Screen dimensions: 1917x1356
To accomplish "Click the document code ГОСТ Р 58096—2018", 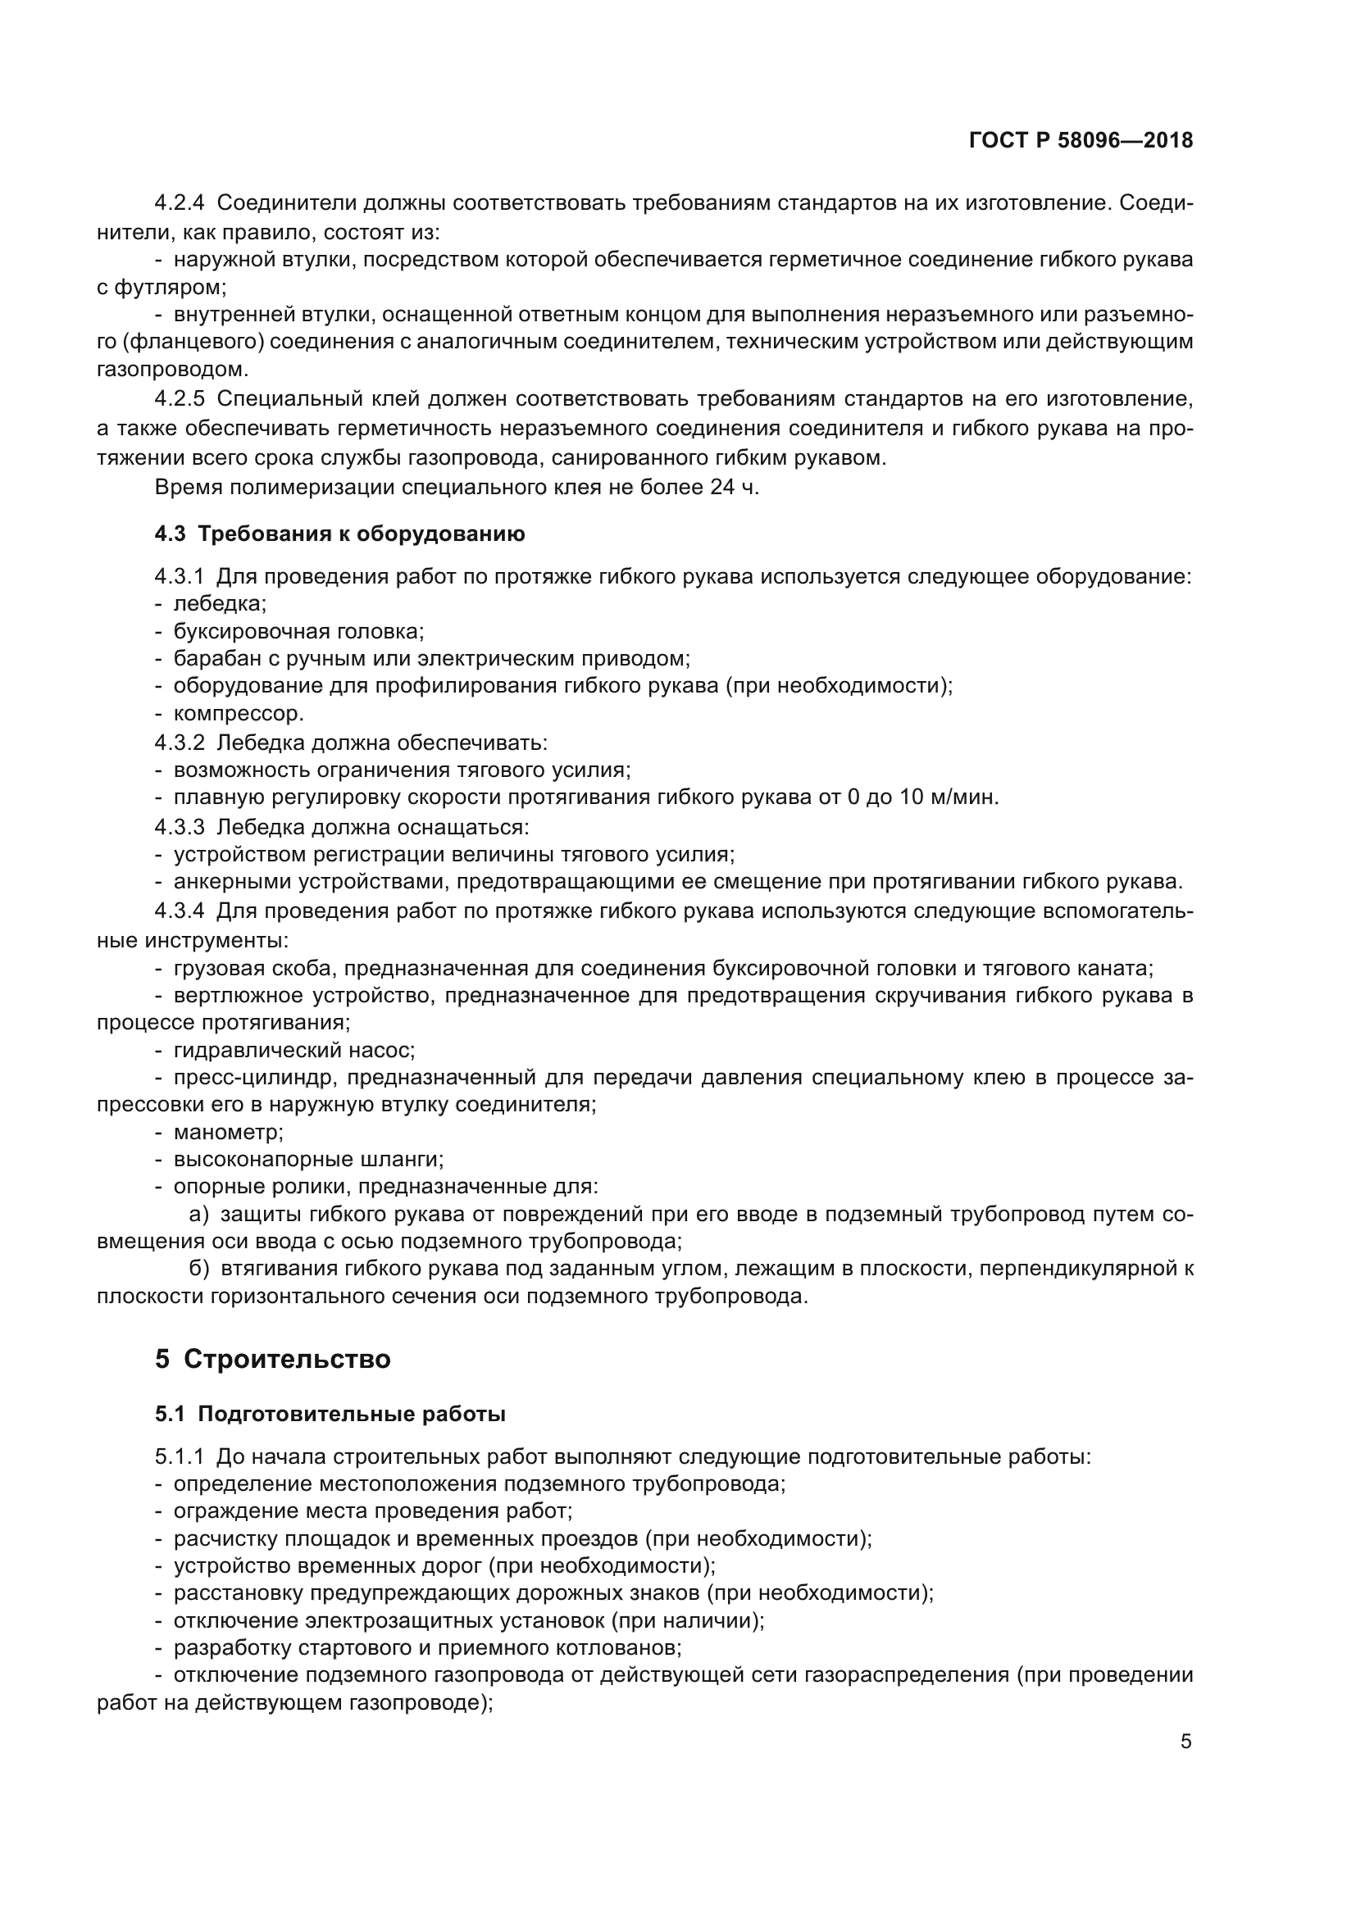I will [x=1081, y=140].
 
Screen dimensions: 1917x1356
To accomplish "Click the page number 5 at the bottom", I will [x=1185, y=1742].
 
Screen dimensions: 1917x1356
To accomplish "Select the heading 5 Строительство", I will [x=273, y=1358].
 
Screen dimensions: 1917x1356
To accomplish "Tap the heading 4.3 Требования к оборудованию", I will [x=340, y=534].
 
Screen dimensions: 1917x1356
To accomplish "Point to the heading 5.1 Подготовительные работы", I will [x=330, y=1414].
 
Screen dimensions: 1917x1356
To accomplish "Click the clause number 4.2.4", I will [x=179, y=203].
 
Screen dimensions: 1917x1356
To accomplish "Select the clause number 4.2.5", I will [x=179, y=399].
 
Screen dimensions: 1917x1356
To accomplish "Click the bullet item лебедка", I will [x=220, y=604].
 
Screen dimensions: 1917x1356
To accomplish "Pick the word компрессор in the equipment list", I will [x=238, y=714].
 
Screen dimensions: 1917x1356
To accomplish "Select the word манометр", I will [x=228, y=1132].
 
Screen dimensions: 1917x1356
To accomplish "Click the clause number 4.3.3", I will [x=179, y=827].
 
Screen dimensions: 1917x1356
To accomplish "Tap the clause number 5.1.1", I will [x=179, y=1457].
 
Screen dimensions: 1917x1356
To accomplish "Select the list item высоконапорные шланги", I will [x=308, y=1159].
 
